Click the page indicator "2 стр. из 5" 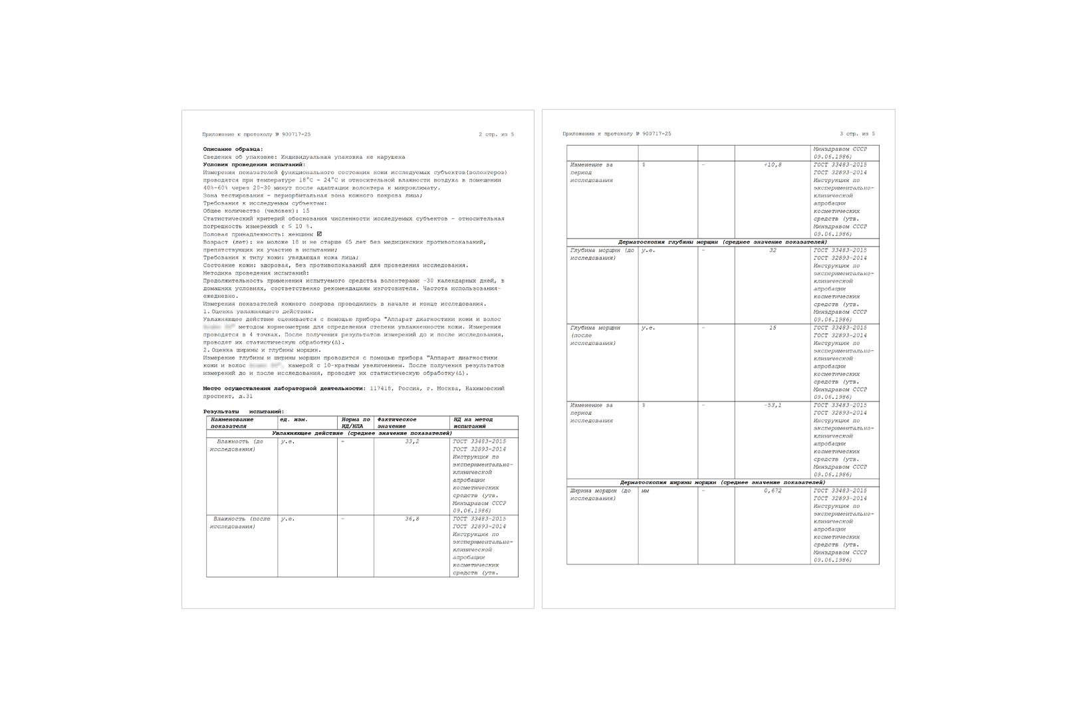(496, 134)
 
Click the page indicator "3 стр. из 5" (857, 134)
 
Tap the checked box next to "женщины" (319, 234)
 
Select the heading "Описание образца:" (233, 149)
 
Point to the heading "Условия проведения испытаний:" (254, 164)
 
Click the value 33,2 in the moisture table (412, 441)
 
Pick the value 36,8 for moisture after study (412, 519)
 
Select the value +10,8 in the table (773, 165)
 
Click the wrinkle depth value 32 (773, 251)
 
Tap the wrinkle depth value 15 (773, 328)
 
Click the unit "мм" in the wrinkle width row (645, 491)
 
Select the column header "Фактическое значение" (397, 423)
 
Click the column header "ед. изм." (293, 419)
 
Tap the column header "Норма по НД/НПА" (356, 423)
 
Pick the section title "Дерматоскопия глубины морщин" (723, 242)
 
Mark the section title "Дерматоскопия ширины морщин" (723, 482)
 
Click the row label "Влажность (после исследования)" (240, 523)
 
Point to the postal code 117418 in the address (381, 388)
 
